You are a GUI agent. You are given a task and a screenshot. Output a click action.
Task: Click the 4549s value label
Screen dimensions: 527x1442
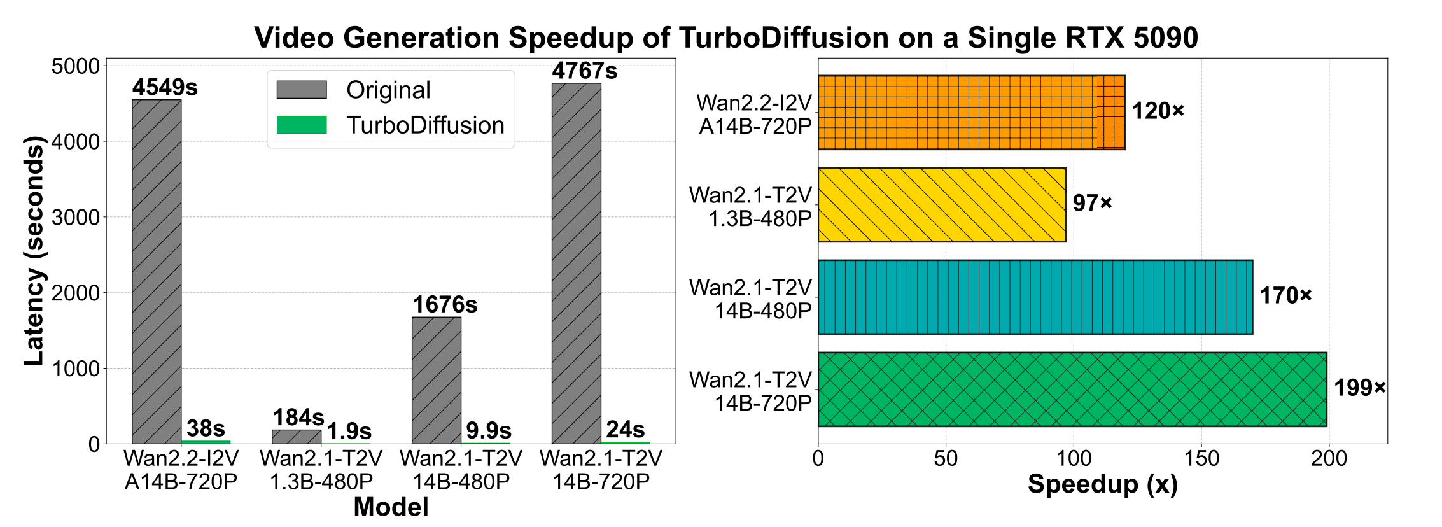point(165,87)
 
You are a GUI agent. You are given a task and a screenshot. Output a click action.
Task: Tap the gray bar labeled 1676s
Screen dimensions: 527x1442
point(436,380)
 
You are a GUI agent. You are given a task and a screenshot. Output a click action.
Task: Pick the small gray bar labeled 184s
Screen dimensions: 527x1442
point(296,437)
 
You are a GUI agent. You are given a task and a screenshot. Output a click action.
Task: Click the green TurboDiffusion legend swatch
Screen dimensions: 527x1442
point(302,125)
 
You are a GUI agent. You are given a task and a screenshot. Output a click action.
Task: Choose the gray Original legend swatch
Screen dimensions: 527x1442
point(302,90)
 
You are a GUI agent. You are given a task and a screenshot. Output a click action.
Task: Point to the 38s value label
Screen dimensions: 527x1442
point(206,428)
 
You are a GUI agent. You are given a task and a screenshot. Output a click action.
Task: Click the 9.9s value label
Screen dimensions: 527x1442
point(488,430)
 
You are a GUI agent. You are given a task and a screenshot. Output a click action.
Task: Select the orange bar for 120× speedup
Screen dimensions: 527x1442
point(970,113)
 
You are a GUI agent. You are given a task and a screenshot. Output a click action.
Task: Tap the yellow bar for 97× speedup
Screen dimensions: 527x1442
point(941,205)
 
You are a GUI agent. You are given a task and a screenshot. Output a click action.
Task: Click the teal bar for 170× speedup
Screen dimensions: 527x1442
point(1035,297)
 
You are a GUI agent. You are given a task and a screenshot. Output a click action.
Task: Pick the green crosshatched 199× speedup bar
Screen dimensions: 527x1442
point(1072,389)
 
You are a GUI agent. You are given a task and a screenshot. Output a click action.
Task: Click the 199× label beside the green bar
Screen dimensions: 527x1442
point(1359,388)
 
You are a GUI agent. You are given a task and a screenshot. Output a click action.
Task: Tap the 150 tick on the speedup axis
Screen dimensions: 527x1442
point(1201,458)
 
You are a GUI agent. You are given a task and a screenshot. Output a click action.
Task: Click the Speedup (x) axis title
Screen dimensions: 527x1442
point(1102,484)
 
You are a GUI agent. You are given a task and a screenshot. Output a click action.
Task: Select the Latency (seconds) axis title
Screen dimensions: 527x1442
point(34,251)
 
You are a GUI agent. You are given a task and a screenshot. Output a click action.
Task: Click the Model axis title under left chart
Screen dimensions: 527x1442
point(391,507)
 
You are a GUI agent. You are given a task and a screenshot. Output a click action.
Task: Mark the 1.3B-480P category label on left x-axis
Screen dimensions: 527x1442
point(321,482)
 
